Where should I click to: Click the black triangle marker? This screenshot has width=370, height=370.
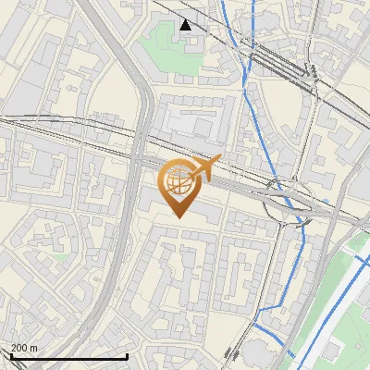186,24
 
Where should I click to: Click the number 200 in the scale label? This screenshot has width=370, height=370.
19,348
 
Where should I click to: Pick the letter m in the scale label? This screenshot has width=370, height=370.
34,348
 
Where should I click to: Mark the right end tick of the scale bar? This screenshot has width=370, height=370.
127,355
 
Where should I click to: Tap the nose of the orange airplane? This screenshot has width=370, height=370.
221,160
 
